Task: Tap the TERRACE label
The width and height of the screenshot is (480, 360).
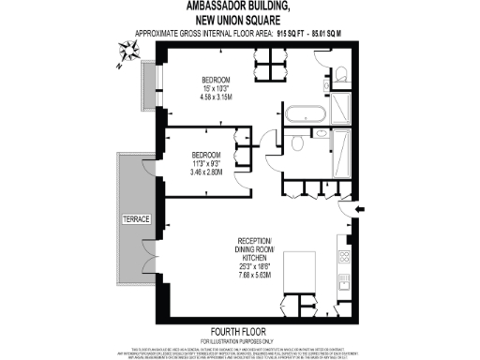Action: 134,217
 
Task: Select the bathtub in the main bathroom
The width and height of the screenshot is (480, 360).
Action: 307,118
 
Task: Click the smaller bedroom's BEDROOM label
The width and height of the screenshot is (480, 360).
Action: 206,155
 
